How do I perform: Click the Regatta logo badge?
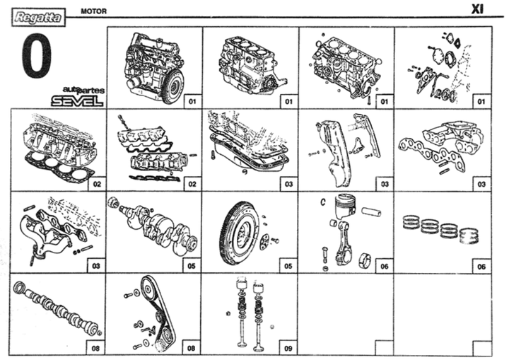(37, 13)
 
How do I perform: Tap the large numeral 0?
(40, 56)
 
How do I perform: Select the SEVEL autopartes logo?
(76, 96)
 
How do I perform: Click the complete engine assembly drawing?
(152, 67)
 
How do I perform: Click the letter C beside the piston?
(322, 202)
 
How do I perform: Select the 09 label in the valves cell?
(287, 348)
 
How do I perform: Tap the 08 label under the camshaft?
(95, 348)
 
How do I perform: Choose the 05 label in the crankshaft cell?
(191, 266)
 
